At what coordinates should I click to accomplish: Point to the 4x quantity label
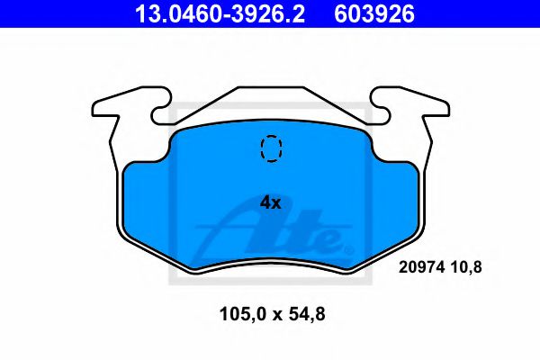tap(271, 202)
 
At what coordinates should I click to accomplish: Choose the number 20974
tap(419, 267)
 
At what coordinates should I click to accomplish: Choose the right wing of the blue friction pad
tap(396, 198)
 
